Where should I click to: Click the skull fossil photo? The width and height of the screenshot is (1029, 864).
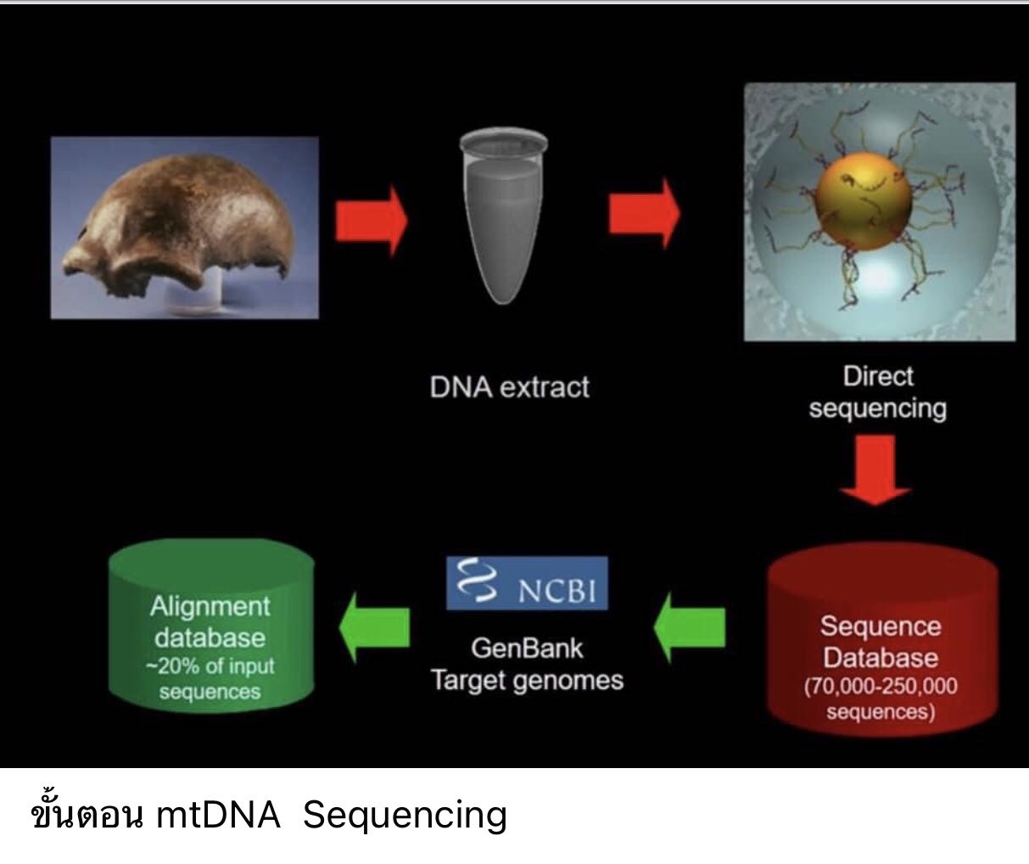pos(185,227)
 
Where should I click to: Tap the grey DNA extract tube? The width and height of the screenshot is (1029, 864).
pos(503,216)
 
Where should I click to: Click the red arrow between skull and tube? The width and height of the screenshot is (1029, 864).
pos(371,222)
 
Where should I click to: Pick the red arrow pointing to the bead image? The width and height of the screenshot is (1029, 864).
pos(645,214)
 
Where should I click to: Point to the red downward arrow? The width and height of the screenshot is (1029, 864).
pos(875,470)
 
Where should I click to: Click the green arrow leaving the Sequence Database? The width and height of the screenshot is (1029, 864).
pos(690,627)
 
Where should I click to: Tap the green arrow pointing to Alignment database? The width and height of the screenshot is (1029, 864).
pos(375,627)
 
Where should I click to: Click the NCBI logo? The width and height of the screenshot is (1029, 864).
pos(527,583)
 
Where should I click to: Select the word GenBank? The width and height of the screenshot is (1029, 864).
pos(527,648)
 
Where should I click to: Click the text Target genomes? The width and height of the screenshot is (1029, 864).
pos(528,681)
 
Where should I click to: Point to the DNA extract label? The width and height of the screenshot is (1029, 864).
pos(510,387)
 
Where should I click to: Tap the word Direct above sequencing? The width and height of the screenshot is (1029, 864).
pos(878,376)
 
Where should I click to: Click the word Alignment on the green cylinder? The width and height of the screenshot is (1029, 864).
pos(210,607)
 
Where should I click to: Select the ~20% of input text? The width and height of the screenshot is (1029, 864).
pos(210,666)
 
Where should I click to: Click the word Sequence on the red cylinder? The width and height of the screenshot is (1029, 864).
pos(881,627)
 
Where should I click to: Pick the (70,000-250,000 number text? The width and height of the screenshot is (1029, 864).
pos(881,686)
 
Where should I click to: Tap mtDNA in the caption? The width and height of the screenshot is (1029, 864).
pos(218,814)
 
